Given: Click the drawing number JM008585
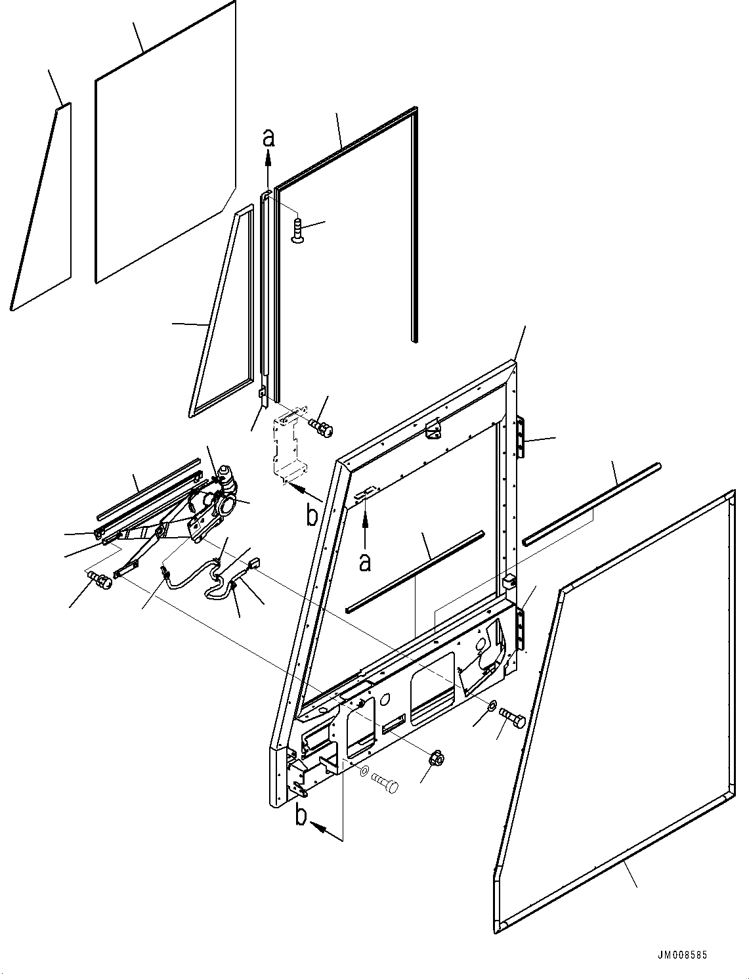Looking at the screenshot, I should click(x=681, y=955).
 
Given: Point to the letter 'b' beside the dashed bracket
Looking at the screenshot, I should click(x=313, y=514).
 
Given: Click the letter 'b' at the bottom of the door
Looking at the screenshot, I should click(x=301, y=816).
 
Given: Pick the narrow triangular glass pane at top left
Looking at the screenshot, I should click(x=41, y=207).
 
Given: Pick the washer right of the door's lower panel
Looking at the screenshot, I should click(x=492, y=706).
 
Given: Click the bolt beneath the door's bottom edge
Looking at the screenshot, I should click(x=387, y=781).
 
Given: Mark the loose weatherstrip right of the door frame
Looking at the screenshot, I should click(x=591, y=503).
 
